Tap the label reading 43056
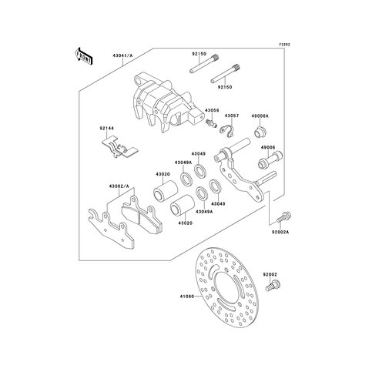pyautogui.click(x=212, y=110)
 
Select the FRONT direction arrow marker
pyautogui.click(x=83, y=56)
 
